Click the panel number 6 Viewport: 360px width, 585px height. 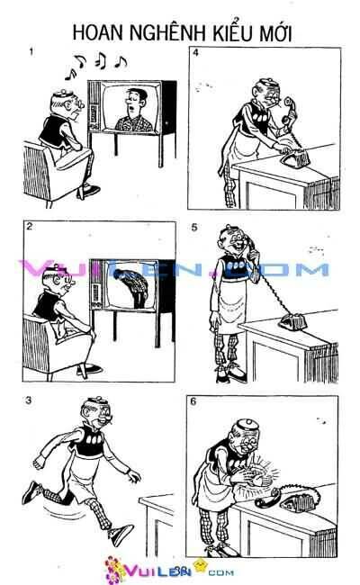[195, 400]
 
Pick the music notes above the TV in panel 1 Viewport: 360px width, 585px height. [101, 60]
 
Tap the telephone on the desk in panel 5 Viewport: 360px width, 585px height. [293, 320]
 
